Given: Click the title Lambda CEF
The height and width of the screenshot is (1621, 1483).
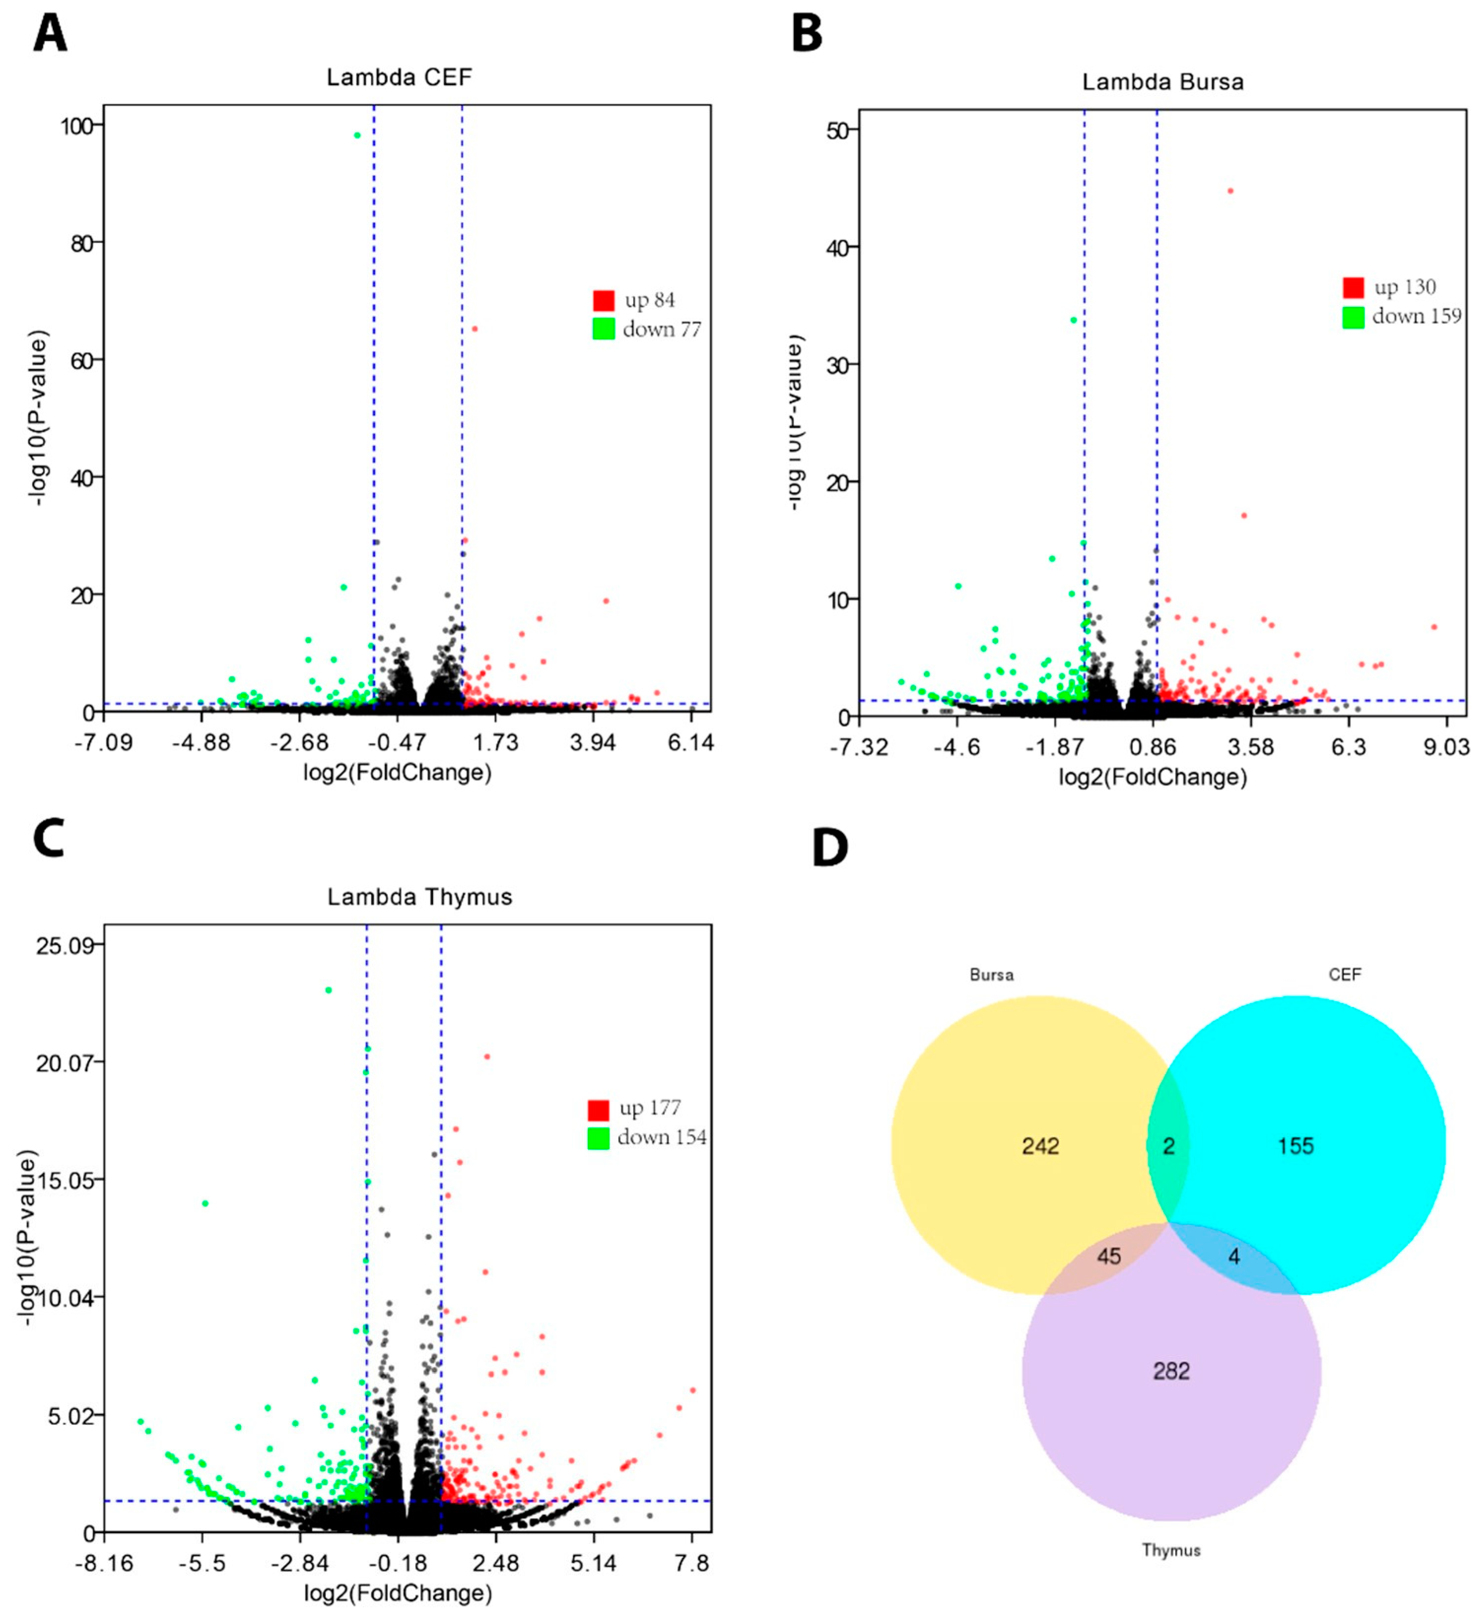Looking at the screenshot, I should (399, 77).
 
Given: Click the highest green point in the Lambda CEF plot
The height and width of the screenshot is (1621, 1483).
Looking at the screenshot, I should (357, 135).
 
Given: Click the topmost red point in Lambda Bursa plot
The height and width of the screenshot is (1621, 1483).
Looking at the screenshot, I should (1230, 191).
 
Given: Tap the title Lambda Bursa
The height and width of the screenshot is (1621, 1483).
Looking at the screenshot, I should (1162, 82).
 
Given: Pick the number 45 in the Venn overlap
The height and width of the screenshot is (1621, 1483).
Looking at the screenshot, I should (1109, 1256).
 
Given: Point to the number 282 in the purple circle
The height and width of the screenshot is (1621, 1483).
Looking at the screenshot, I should (1171, 1370).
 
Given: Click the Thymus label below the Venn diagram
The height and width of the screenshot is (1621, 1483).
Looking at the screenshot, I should (1171, 1550).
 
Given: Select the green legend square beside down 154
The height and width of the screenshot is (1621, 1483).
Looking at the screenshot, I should (598, 1138).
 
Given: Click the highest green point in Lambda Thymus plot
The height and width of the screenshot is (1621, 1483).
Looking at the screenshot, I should (328, 990).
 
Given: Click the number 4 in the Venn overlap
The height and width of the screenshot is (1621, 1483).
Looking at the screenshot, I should (1234, 1256).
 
